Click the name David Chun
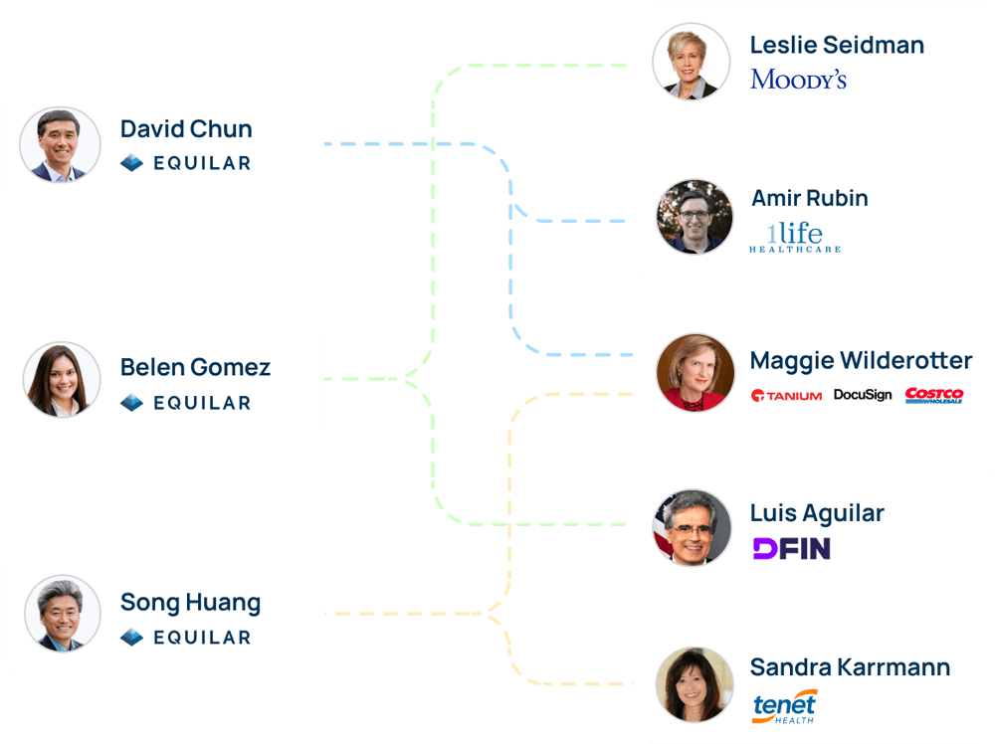(186, 129)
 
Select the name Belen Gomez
(195, 367)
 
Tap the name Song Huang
(190, 602)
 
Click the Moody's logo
(798, 80)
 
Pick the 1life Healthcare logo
(794, 237)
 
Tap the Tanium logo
(786, 395)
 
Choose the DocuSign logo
(862, 395)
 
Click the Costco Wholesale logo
(934, 395)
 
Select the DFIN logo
(791, 548)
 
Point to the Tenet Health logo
(784, 706)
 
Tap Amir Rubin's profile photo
(695, 216)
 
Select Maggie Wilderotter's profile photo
(695, 373)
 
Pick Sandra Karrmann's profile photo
(694, 684)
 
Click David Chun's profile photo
(60, 145)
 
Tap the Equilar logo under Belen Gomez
(185, 403)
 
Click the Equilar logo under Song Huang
(185, 638)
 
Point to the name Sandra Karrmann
(850, 667)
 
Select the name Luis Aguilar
(817, 513)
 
